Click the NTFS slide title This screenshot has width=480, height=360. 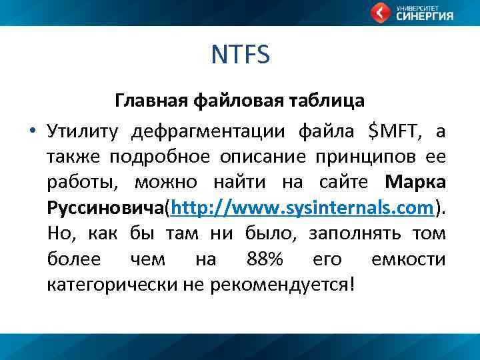point(240,55)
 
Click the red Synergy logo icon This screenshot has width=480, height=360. point(380,13)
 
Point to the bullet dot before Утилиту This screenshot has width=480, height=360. point(31,131)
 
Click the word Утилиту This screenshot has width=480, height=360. point(83,131)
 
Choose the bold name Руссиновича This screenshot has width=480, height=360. point(105,208)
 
